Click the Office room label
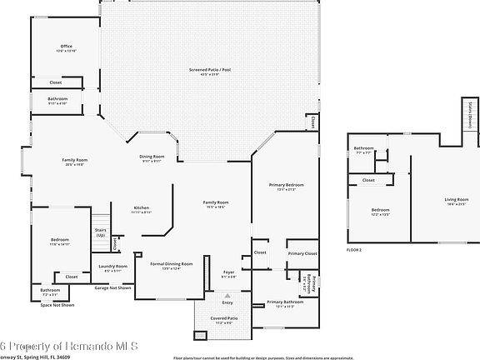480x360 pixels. point(66,46)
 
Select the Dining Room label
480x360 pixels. point(152,157)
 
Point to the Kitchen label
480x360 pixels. point(142,207)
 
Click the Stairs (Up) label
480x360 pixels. point(100,232)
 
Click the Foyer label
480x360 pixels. point(227,271)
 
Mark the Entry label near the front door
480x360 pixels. point(227,302)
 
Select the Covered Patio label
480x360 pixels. point(224,317)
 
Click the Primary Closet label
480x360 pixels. point(302,252)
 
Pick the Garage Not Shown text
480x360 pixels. point(112,287)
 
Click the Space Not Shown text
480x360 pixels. point(57,305)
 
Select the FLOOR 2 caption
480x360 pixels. point(356,249)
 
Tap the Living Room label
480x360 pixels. point(457,198)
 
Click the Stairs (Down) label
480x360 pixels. point(470,112)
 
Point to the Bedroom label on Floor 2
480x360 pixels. point(380,210)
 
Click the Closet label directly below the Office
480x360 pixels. point(55,82)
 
